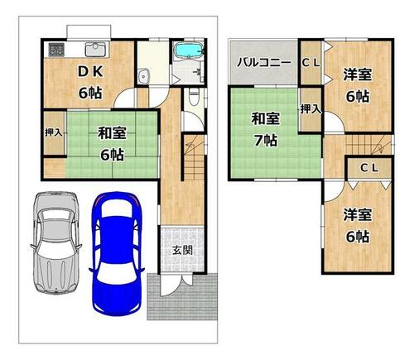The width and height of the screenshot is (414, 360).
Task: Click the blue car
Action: tap(117, 253)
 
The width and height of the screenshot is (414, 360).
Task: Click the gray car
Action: tap(55, 243)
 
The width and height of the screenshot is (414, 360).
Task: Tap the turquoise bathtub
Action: tap(190, 50)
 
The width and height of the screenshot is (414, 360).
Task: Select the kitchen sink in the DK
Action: tap(95, 50)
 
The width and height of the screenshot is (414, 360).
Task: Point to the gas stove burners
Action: tap(56, 50)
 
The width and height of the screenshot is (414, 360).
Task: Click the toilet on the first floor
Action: tap(195, 97)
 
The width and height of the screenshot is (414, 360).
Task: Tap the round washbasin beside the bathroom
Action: tap(143, 75)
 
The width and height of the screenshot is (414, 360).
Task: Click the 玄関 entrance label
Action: tap(182, 251)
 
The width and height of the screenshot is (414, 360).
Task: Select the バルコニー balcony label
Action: tap(264, 63)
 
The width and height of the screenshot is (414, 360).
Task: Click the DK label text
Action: tap(90, 72)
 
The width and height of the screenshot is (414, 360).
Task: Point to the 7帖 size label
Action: tap(266, 141)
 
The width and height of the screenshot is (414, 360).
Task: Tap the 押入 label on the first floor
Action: tap(54, 132)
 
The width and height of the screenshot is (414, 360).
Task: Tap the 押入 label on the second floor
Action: tap(310, 109)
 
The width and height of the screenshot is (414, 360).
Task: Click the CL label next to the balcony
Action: tap(310, 63)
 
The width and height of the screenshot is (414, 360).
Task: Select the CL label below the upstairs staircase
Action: tap(369, 168)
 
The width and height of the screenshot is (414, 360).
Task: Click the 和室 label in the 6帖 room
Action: tap(112, 133)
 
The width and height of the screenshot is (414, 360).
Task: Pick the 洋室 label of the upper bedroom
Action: tap(358, 74)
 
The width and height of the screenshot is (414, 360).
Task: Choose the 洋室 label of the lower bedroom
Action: tap(358, 215)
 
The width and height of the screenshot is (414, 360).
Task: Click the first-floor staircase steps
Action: tap(195, 158)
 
